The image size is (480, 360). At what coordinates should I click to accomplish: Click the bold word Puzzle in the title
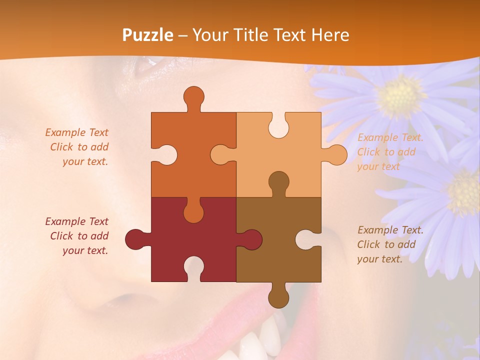click(148, 35)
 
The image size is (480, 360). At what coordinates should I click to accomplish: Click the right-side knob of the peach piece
click(335, 155)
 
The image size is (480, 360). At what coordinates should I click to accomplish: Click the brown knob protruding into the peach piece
click(278, 182)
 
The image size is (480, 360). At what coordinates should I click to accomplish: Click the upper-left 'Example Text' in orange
click(76, 132)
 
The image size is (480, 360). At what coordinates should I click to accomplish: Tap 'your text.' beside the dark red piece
click(85, 250)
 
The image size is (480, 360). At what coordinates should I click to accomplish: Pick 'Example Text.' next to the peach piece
click(390, 137)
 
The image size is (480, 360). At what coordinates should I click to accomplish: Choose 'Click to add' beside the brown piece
click(386, 244)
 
